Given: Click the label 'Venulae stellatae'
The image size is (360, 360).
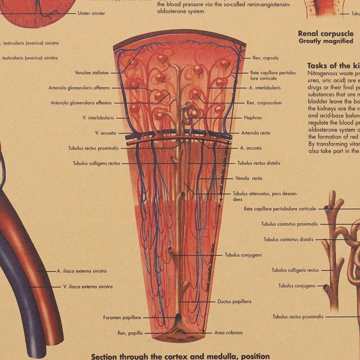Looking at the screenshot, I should (x=92, y=72).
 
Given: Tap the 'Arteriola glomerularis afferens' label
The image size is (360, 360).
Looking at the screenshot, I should (x=79, y=88).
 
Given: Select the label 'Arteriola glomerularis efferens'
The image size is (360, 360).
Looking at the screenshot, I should (x=81, y=103).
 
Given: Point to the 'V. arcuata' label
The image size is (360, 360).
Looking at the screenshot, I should (x=106, y=133).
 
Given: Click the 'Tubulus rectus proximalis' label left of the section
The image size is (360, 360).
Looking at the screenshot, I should (x=94, y=148).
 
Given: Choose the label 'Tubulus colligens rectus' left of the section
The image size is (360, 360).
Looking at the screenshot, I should (x=97, y=163).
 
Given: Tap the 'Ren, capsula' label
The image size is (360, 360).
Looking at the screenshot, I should (x=265, y=58).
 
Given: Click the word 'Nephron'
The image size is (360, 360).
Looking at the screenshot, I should (x=253, y=118).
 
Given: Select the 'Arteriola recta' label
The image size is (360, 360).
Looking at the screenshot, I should (x=256, y=133).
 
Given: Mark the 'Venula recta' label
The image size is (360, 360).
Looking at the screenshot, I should (x=248, y=178).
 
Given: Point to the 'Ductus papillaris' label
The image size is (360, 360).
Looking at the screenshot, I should (x=234, y=301).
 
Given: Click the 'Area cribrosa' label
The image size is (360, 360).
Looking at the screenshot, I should (x=228, y=333).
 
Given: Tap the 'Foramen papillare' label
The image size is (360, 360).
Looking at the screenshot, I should (x=122, y=318).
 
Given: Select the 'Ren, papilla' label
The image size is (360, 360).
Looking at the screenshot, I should (x=130, y=333).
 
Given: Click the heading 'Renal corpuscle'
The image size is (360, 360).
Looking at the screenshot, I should (x=325, y=33).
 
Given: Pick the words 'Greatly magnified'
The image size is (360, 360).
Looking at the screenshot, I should (x=325, y=41).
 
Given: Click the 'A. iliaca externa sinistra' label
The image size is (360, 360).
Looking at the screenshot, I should (x=82, y=271).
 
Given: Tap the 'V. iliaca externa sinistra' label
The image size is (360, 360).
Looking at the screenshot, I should (x=88, y=286).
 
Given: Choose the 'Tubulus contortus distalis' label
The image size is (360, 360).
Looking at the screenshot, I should (x=288, y=239).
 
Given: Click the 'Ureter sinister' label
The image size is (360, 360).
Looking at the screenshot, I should (x=91, y=13).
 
